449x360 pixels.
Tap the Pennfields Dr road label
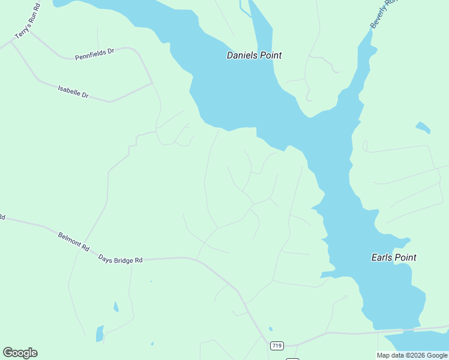pos(94,55)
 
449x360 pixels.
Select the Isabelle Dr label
pos(73,91)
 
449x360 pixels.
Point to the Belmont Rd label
pos(74,241)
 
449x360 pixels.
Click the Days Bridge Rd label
pos(121,260)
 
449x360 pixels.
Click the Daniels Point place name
pos(254,55)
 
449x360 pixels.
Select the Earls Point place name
pos(393,257)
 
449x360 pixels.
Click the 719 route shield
pos(276,346)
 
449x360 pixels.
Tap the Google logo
pos(20,353)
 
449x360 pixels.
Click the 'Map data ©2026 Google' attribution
pos(412,355)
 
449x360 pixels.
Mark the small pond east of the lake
pos(423,127)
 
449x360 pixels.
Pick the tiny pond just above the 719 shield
pos(271,329)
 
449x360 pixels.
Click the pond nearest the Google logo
pos(100,333)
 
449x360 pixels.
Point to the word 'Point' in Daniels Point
pos(270,55)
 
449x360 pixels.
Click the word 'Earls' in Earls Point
pos(381,257)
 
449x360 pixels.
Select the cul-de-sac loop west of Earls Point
pos(345,297)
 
